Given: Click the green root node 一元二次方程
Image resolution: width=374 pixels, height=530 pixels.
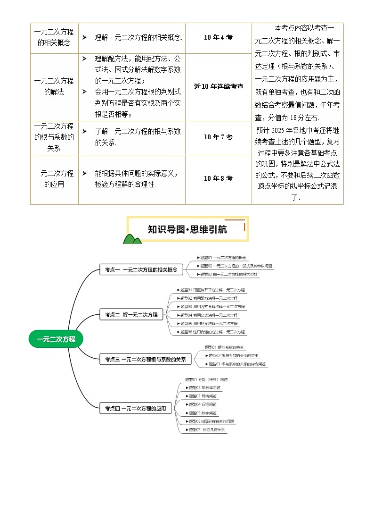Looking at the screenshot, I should coord(56,339).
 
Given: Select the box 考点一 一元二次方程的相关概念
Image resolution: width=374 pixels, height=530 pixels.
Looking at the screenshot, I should coord(141,270).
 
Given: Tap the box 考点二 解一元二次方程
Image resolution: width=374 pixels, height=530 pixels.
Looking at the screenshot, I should coord(131,314).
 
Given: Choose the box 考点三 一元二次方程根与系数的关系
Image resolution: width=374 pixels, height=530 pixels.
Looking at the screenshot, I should coord(146,360).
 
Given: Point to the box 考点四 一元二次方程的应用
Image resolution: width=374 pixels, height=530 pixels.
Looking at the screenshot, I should coord(135,409).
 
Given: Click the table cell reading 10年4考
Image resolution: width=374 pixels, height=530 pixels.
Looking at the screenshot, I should coord(218,37).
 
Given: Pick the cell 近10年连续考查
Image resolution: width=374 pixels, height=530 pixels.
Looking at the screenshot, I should coord(218,87).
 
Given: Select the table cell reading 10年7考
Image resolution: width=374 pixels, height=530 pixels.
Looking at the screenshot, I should coord(218,137).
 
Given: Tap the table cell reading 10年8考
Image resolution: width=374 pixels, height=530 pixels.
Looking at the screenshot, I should coord(218,179).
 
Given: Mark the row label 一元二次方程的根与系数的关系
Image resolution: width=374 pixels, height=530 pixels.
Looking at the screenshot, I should coord(54,137).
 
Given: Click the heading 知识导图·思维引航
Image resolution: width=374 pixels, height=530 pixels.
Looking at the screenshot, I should coord(187,230).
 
